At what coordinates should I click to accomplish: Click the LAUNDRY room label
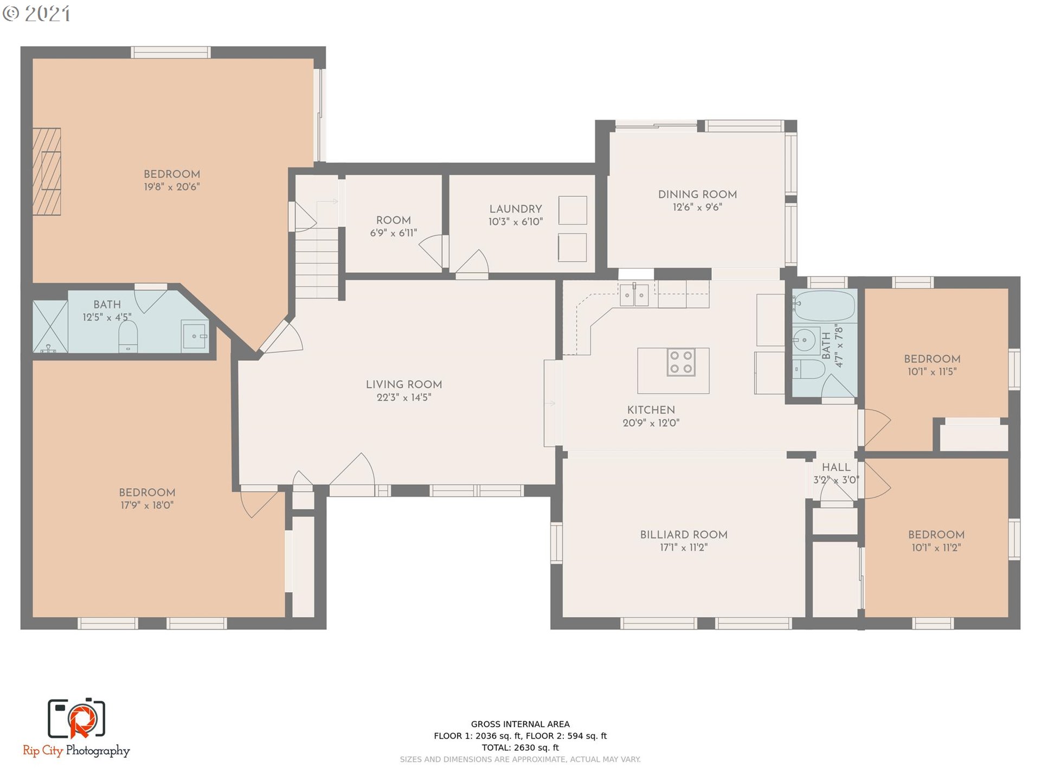(x=516, y=209)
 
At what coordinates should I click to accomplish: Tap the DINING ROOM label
(x=697, y=194)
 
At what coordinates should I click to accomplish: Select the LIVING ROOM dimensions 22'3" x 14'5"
(x=404, y=398)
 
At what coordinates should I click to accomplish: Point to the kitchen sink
(x=634, y=295)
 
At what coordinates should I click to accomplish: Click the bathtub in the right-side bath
(x=824, y=306)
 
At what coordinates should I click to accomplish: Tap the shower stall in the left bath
(x=50, y=327)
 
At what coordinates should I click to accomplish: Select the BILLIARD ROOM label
(x=684, y=535)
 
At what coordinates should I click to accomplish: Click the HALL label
(x=836, y=468)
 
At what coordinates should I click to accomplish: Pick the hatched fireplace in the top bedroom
(x=47, y=171)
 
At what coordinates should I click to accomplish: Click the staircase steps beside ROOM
(x=317, y=263)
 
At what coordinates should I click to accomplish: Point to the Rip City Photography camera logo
(x=76, y=719)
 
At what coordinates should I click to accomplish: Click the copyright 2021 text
(x=36, y=14)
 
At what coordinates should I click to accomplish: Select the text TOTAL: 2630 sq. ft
(x=520, y=747)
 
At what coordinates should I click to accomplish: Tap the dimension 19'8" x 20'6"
(x=172, y=187)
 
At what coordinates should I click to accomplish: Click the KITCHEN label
(x=651, y=410)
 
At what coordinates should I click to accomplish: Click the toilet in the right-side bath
(x=809, y=370)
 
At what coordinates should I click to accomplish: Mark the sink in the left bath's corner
(x=194, y=336)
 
